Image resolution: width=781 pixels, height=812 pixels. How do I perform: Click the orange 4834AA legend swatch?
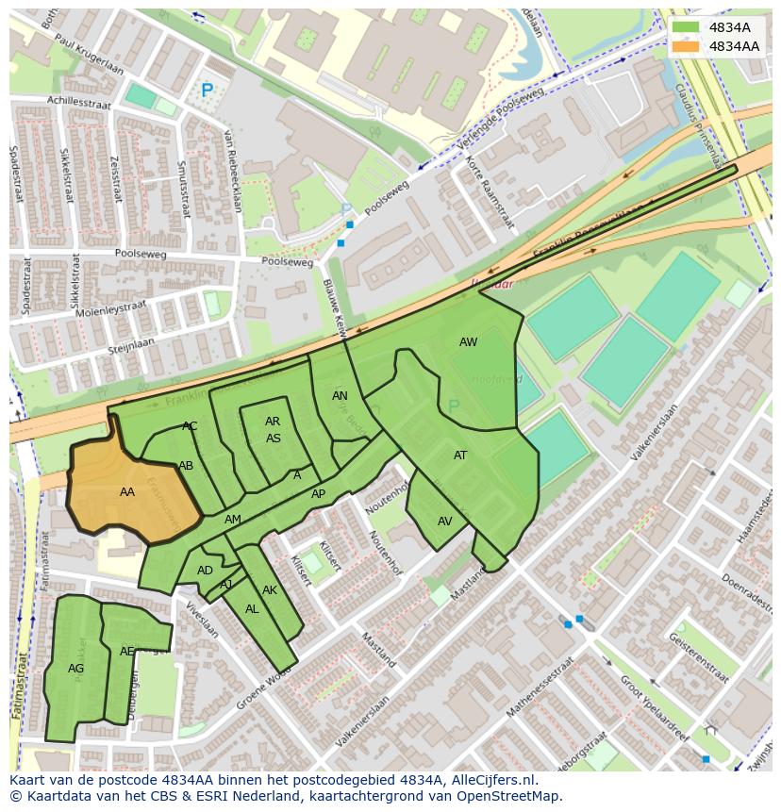[x=686, y=45]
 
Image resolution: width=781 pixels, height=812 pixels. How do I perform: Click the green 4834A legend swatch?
[x=686, y=27]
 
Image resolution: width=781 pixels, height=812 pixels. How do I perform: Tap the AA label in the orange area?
[x=127, y=492]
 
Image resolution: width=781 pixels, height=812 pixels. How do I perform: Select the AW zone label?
[x=468, y=342]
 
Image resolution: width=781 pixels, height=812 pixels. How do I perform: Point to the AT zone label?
[x=460, y=456]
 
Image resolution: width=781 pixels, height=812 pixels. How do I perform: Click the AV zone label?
[x=445, y=522]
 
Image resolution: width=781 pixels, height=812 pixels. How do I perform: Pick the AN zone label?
[x=341, y=396]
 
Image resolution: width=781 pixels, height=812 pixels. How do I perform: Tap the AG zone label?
[x=76, y=669]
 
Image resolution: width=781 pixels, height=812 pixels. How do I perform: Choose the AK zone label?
[x=270, y=590]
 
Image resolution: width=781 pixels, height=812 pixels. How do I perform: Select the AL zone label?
[x=252, y=609]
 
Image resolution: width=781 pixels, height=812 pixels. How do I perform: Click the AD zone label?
[x=205, y=571]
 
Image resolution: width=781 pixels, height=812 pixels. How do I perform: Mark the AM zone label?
[x=233, y=520]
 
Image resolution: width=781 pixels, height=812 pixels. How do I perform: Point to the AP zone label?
[x=318, y=494]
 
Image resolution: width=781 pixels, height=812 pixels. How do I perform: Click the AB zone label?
[x=186, y=466]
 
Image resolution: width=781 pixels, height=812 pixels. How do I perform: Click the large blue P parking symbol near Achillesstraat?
[x=207, y=91]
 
